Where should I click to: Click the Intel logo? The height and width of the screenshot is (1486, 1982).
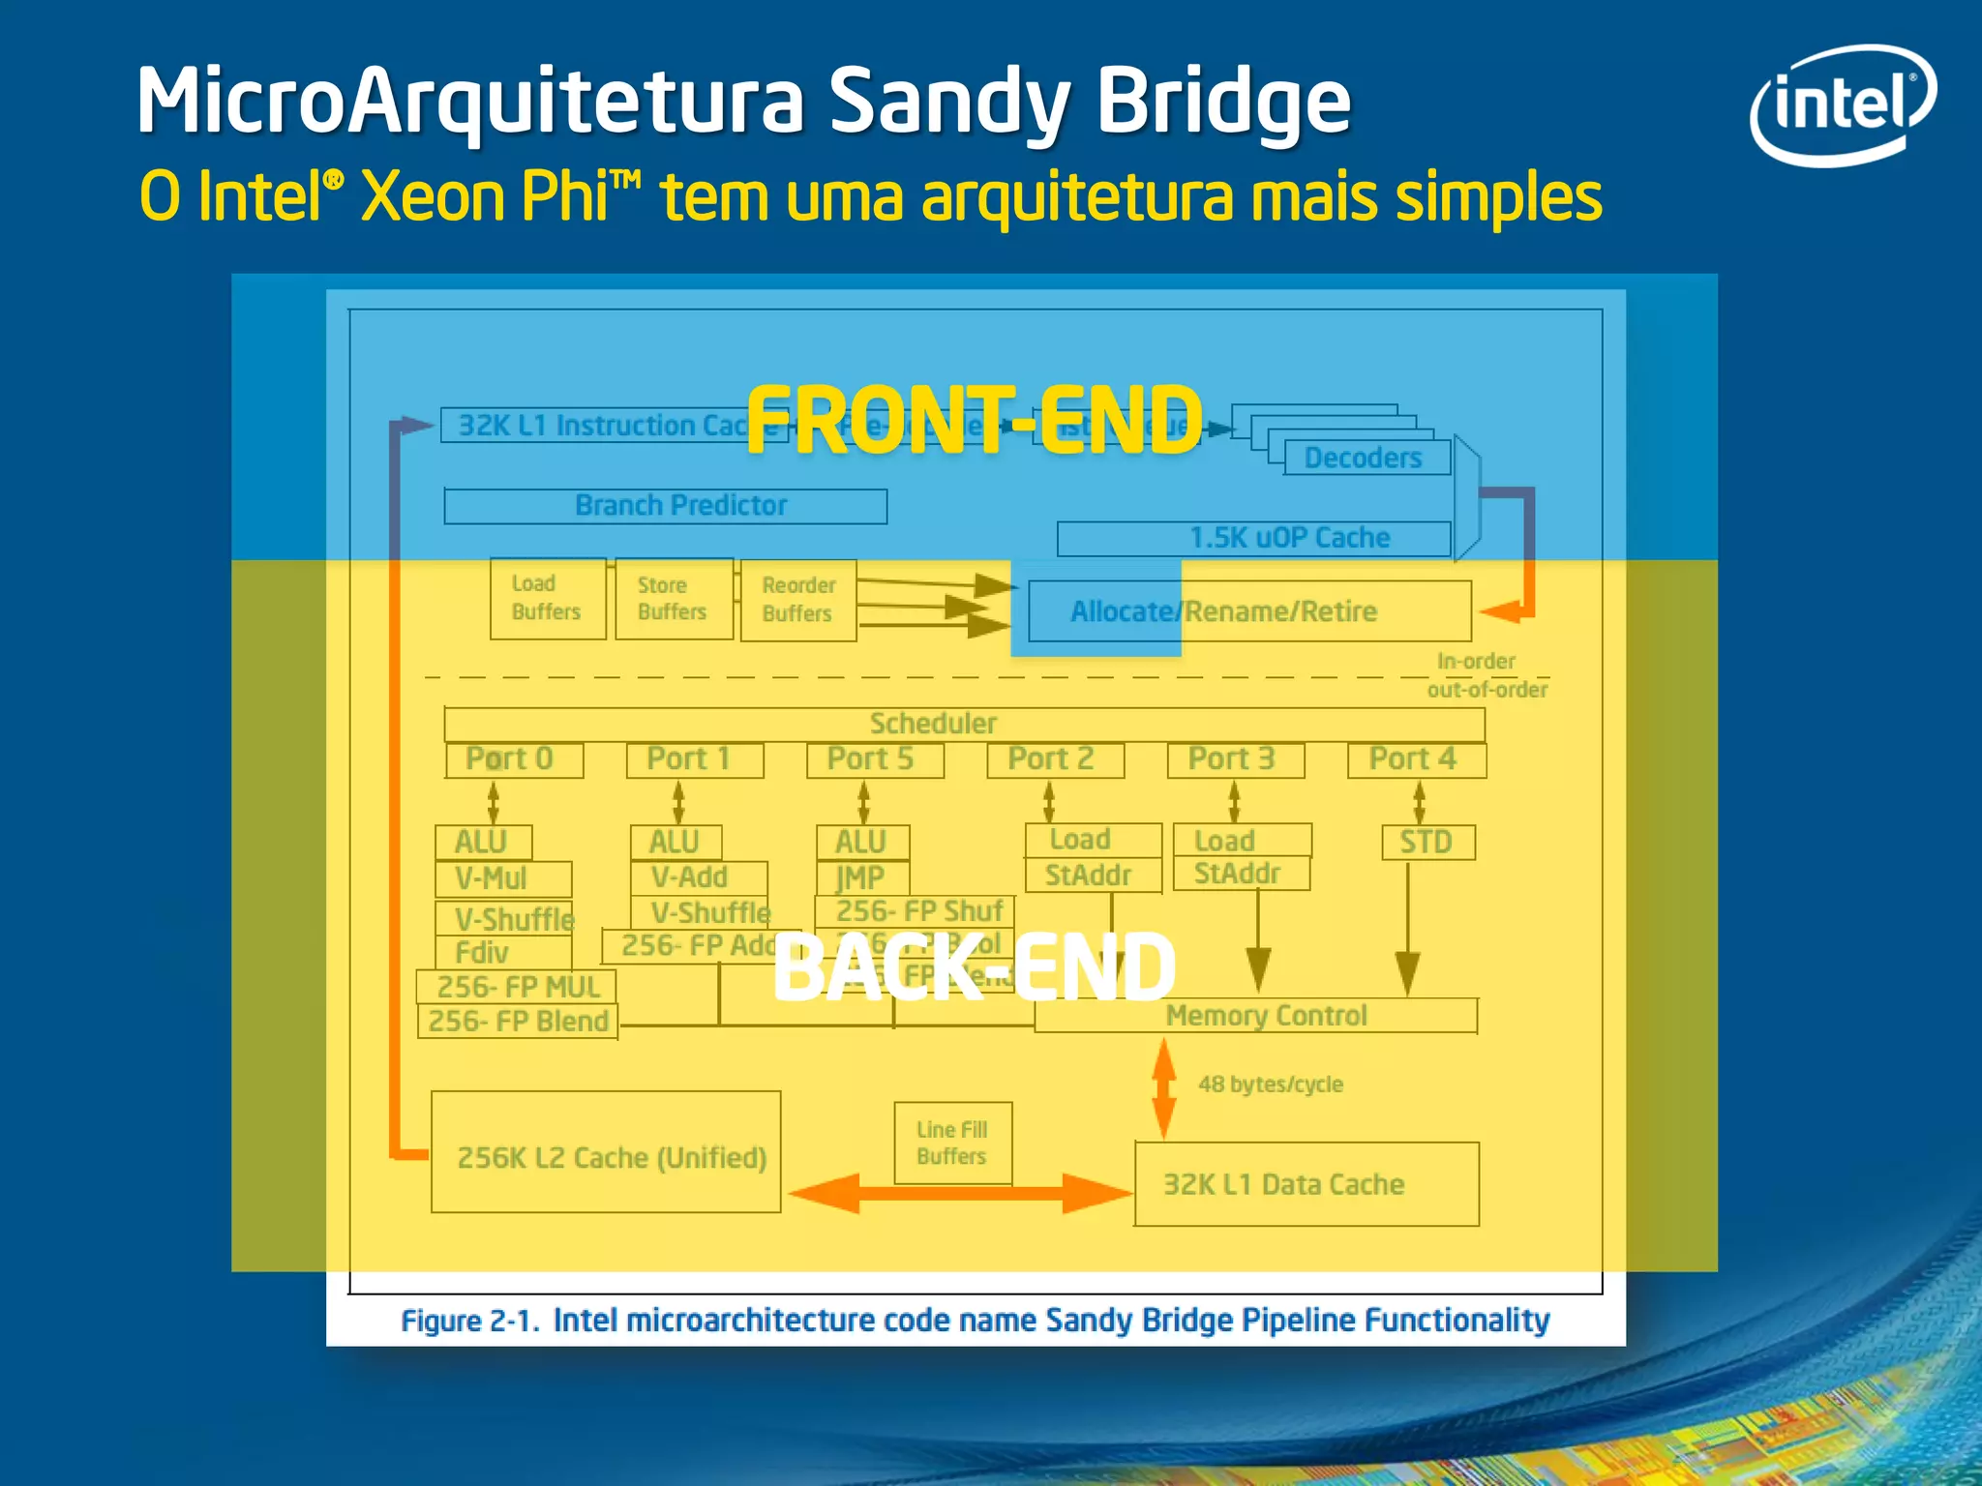(1843, 104)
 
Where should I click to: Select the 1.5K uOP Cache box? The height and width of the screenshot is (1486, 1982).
(1254, 538)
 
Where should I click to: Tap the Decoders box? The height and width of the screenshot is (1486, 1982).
(1366, 458)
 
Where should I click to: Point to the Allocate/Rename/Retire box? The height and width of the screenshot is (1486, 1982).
(1248, 611)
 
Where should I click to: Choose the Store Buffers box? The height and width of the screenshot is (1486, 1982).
(674, 599)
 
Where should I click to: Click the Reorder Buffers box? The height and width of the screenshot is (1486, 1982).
(798, 600)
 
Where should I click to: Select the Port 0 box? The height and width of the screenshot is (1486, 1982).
(513, 759)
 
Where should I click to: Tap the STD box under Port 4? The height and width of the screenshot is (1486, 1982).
(1427, 842)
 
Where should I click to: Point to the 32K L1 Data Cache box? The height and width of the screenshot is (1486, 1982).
(1306, 1184)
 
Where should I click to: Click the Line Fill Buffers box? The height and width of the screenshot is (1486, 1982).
(952, 1143)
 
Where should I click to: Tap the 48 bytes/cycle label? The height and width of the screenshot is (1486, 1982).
(1271, 1085)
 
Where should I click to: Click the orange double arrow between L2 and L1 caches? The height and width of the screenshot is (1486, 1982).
(959, 1193)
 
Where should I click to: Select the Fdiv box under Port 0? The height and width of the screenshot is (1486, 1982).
(502, 953)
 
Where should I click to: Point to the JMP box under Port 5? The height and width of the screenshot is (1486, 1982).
(861, 877)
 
